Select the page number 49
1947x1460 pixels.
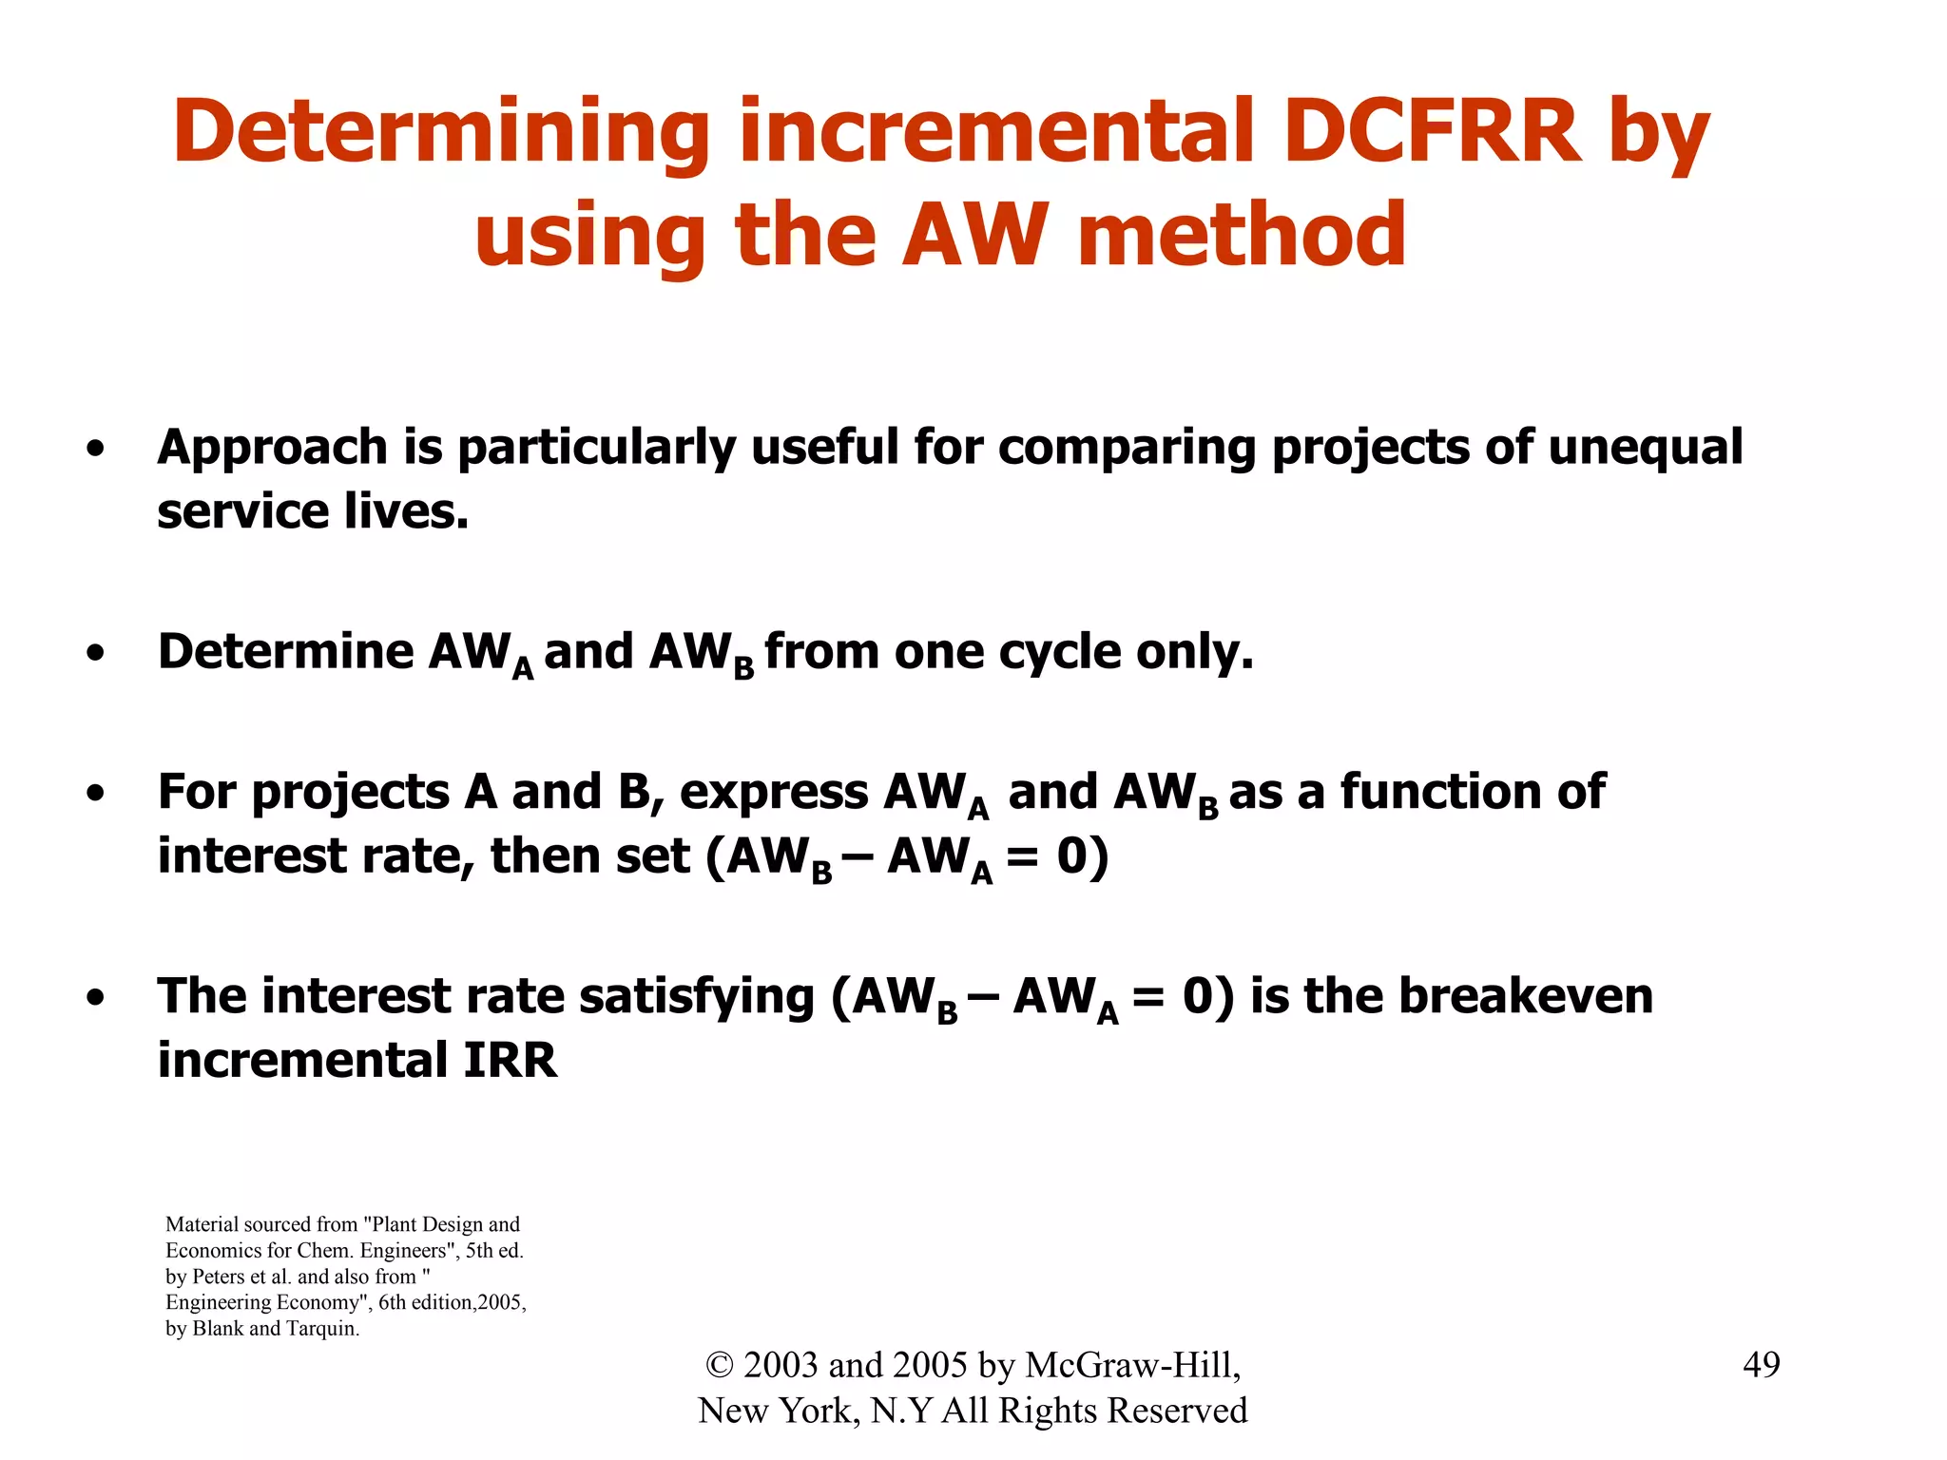(x=1761, y=1365)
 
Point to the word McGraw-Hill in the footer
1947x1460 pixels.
(x=1132, y=1365)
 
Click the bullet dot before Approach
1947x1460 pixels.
(x=95, y=450)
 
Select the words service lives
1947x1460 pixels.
(x=313, y=511)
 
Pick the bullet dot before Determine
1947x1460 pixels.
(x=95, y=655)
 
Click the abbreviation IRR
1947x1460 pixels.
(x=510, y=1061)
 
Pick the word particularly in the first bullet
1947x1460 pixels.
(x=596, y=448)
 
